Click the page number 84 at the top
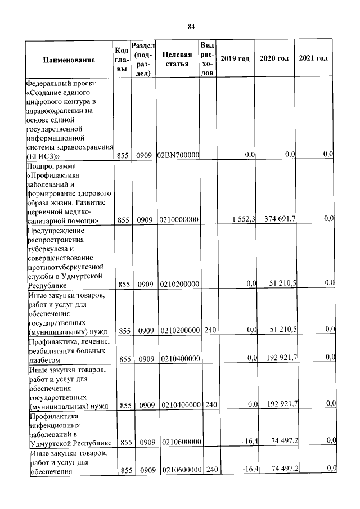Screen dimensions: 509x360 coord(191,26)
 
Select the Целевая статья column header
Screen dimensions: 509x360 coord(177,59)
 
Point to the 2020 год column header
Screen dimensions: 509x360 coord(274,59)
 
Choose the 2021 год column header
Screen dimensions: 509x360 coord(313,59)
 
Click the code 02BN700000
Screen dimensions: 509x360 coord(178,155)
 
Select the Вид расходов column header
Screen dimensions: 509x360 coord(207,59)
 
